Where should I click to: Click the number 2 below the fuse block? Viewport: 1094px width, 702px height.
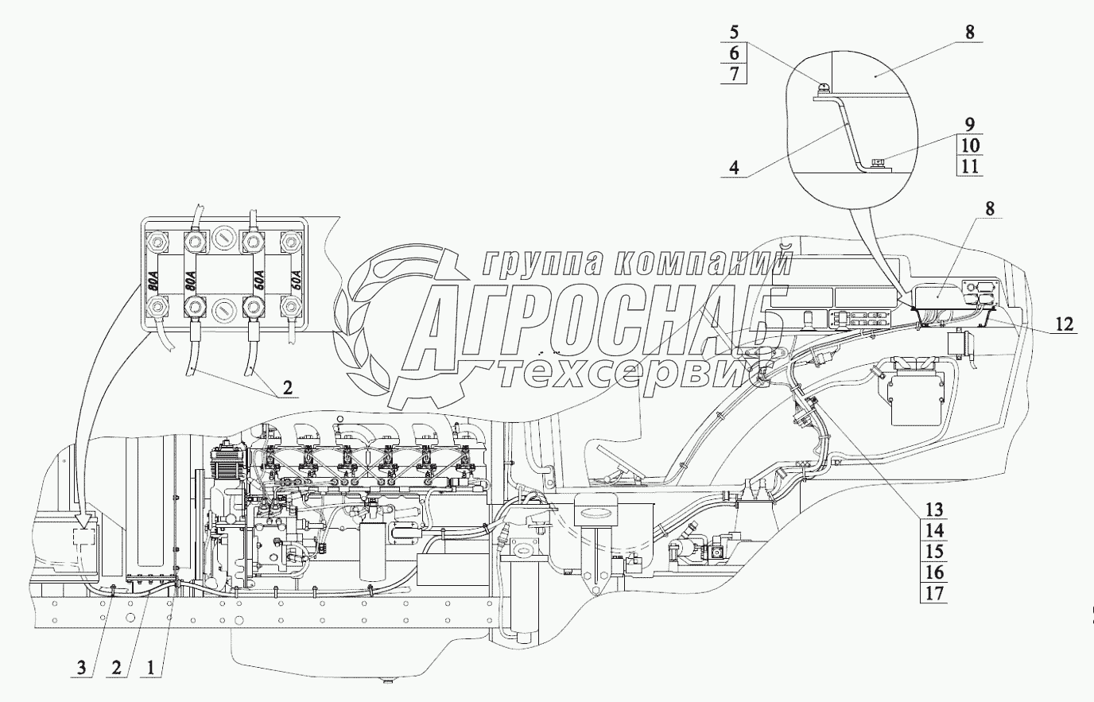pyautogui.click(x=286, y=390)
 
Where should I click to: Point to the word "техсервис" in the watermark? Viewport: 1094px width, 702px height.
pyautogui.click(x=628, y=374)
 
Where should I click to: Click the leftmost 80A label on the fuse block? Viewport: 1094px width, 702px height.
pyautogui.click(x=152, y=281)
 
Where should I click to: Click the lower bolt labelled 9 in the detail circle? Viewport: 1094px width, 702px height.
pyautogui.click(x=877, y=163)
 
